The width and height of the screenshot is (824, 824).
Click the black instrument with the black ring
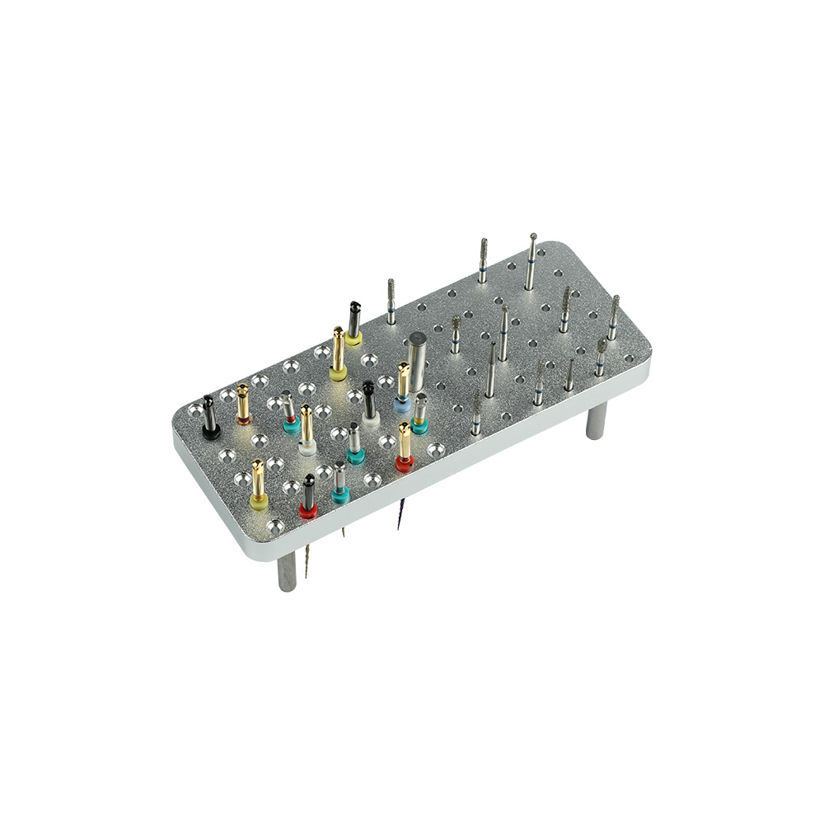click(209, 416)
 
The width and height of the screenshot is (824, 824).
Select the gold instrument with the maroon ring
click(243, 404)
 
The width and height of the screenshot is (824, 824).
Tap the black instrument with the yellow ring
click(353, 322)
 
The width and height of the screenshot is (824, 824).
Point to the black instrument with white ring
click(369, 401)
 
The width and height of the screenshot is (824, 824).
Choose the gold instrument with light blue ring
click(403, 386)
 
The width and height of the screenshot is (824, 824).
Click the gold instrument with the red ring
click(405, 446)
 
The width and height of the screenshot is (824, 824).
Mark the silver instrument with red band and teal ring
click(288, 412)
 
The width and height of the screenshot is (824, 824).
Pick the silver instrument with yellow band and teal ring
click(420, 412)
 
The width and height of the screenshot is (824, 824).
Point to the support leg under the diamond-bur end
click(595, 419)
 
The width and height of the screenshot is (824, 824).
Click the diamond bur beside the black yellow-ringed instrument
click(391, 302)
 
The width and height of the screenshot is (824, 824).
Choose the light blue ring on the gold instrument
click(402, 405)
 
